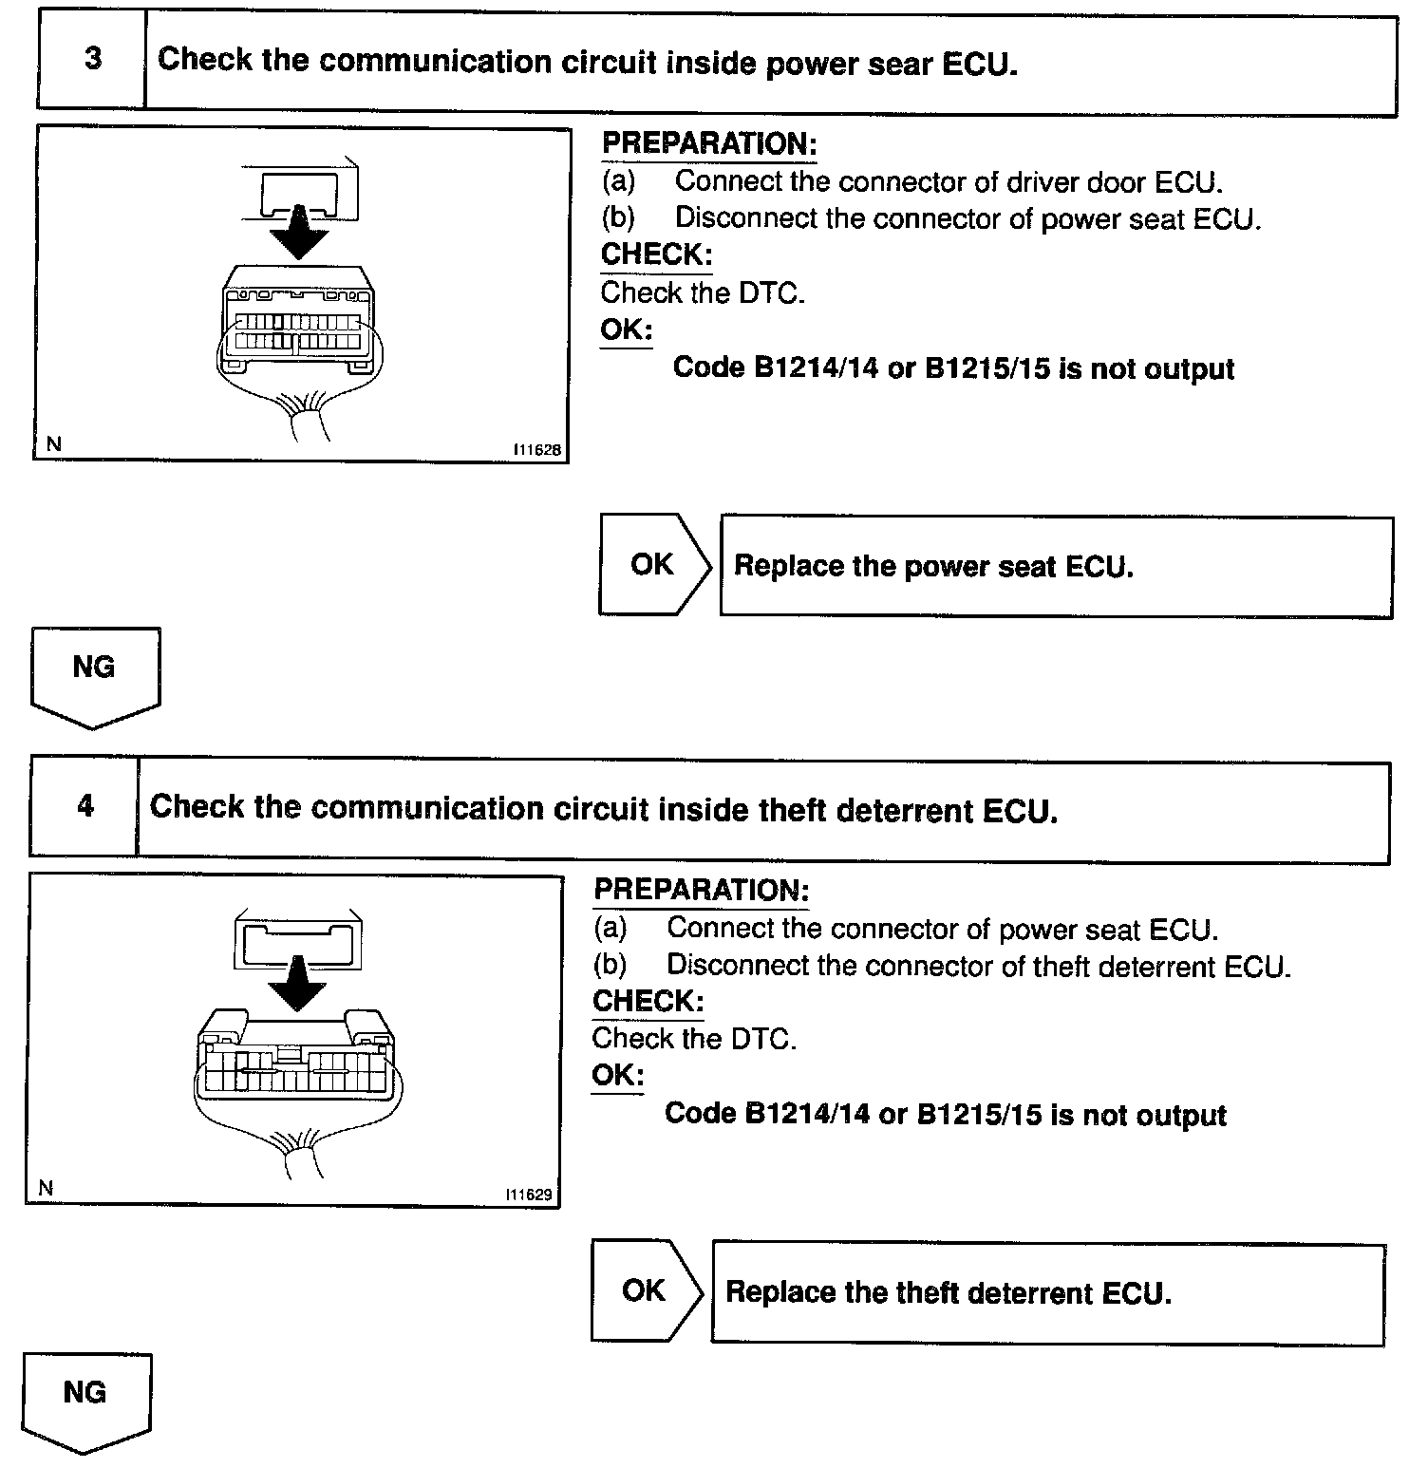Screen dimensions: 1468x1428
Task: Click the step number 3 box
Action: point(92,59)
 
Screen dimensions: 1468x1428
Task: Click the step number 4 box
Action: point(85,807)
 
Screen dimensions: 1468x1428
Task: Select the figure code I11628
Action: point(537,451)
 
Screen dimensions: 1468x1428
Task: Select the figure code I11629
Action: point(529,1195)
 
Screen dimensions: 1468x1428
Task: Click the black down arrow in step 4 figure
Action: point(297,985)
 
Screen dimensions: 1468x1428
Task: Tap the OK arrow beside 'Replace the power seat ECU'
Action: point(654,565)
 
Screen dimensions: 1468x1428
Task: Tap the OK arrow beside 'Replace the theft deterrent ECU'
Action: point(646,1290)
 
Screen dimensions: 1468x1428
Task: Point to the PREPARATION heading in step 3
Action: point(709,144)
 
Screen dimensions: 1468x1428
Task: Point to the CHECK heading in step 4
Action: point(648,1001)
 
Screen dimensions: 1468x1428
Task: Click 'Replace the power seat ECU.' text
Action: point(933,567)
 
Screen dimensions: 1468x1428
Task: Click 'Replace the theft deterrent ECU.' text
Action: point(948,1293)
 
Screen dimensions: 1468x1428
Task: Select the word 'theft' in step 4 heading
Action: point(794,810)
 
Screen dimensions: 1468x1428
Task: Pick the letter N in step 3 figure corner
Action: point(53,443)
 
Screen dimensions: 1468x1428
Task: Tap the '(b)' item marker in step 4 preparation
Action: point(610,965)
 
